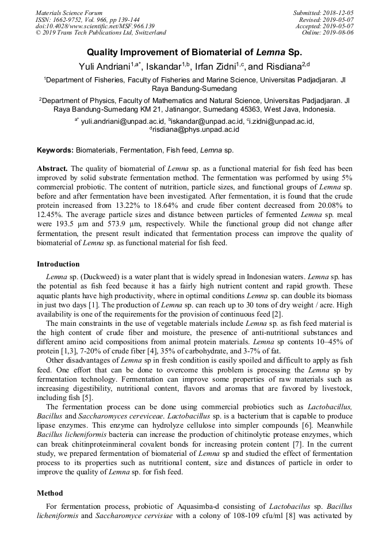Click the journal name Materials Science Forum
[69, 13]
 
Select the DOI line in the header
[95, 26]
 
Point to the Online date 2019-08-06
[338, 33]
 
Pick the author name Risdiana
[286, 67]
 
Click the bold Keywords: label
[55, 150]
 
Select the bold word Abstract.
[53, 169]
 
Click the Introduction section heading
[58, 264]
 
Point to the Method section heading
[50, 493]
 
